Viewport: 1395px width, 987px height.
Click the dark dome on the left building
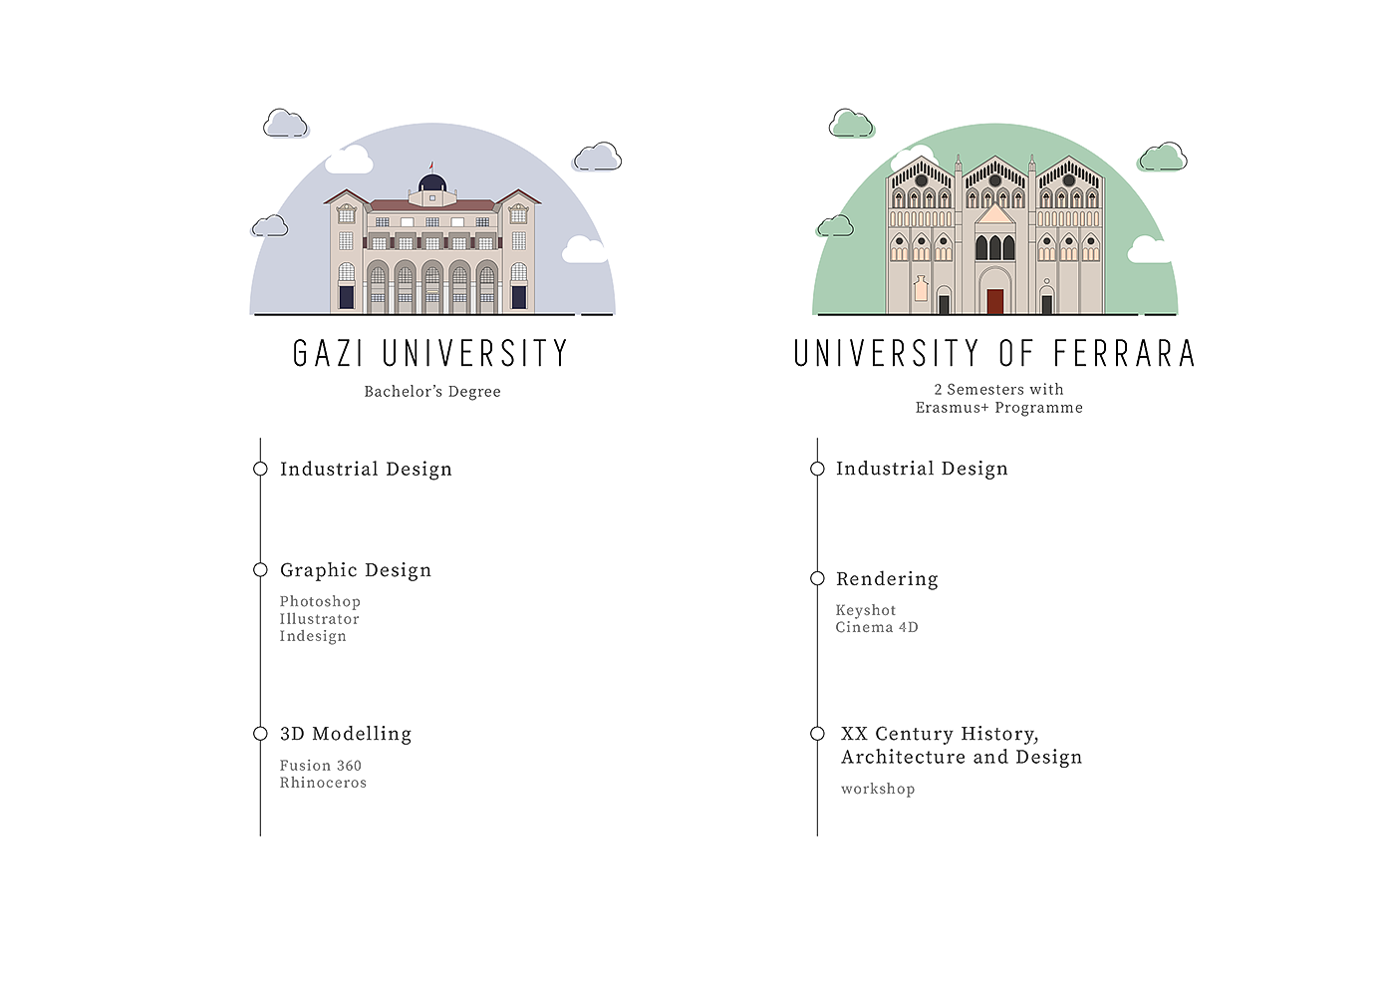tap(431, 183)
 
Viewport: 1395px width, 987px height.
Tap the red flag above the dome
tap(431, 165)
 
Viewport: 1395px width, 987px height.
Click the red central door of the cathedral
tap(994, 301)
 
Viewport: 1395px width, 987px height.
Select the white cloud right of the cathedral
tap(1151, 249)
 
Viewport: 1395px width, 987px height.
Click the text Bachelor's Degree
tap(431, 392)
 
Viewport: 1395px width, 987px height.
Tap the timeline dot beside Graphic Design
tap(260, 570)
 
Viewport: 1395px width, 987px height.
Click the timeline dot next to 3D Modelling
tap(260, 734)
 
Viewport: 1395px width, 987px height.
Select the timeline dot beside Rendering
tap(817, 578)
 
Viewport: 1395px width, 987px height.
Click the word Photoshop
tap(320, 601)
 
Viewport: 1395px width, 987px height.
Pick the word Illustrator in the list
tap(319, 618)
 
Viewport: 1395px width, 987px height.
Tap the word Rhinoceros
tap(323, 783)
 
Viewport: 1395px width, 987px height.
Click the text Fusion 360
tap(320, 766)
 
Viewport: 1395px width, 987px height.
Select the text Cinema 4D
tap(877, 627)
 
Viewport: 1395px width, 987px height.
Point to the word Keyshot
tap(866, 610)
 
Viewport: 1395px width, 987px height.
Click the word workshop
tap(877, 790)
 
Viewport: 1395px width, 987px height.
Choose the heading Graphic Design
tap(356, 570)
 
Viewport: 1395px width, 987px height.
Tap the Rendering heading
tap(887, 578)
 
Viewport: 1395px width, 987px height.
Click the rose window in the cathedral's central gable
tap(994, 180)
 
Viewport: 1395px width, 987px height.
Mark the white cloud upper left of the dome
tap(349, 160)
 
